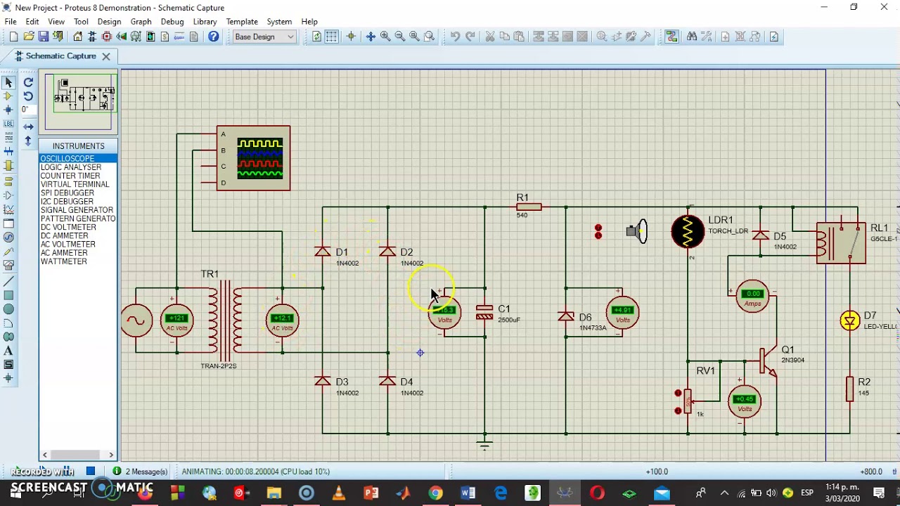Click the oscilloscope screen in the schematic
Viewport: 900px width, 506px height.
(x=260, y=158)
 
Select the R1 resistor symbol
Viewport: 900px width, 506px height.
(x=528, y=207)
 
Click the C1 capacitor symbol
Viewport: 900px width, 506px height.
(x=484, y=313)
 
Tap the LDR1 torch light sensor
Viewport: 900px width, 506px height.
(x=688, y=232)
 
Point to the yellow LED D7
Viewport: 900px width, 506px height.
(x=850, y=321)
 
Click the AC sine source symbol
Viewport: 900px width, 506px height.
(x=136, y=321)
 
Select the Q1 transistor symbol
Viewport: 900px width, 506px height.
(x=768, y=360)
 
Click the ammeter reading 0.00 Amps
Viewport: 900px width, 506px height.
(x=752, y=297)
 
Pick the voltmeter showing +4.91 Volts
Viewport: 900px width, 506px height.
(x=622, y=313)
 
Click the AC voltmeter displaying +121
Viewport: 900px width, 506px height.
(x=176, y=321)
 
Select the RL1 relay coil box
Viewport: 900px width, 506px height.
(x=841, y=242)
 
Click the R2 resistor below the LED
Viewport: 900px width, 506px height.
(x=850, y=389)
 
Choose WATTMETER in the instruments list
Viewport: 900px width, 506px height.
(x=64, y=261)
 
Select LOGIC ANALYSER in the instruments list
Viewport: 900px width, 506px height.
(x=71, y=167)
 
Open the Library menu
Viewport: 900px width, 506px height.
(x=205, y=22)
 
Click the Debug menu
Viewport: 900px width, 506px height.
(x=172, y=22)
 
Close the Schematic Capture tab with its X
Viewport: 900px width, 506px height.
(x=106, y=56)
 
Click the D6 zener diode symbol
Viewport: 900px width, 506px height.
(x=566, y=318)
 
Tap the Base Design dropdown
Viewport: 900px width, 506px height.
(x=264, y=37)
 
